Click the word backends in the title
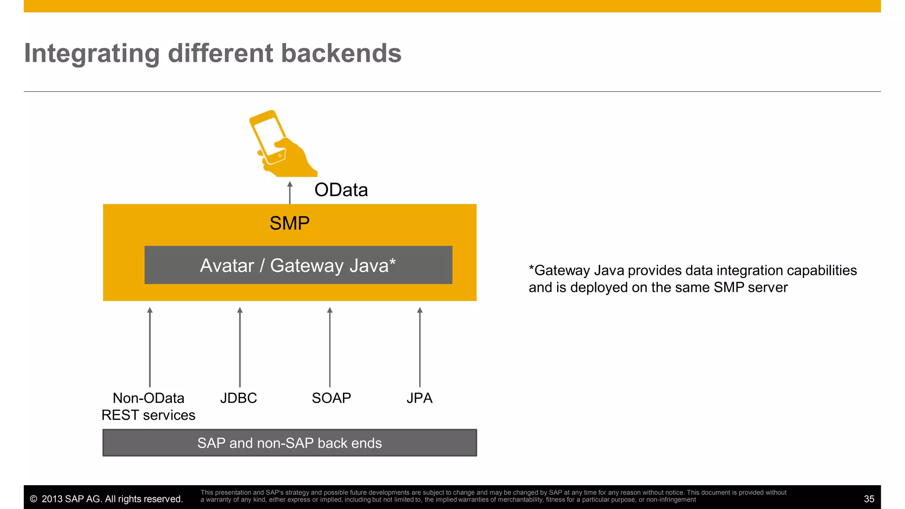tap(341, 53)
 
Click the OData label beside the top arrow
tap(341, 190)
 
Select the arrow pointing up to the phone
tap(290, 193)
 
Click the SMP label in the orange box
tap(289, 223)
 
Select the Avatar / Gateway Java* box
tap(298, 265)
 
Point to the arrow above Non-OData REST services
tap(150, 347)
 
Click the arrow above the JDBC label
tap(240, 347)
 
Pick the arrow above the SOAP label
tap(330, 347)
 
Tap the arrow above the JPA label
tap(420, 347)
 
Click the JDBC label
tap(239, 398)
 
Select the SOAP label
tap(331, 398)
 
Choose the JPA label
tap(419, 398)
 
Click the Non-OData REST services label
tap(148, 406)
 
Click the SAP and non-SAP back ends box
tap(289, 443)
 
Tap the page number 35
tap(869, 499)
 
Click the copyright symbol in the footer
tap(34, 499)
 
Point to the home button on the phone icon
tap(280, 156)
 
